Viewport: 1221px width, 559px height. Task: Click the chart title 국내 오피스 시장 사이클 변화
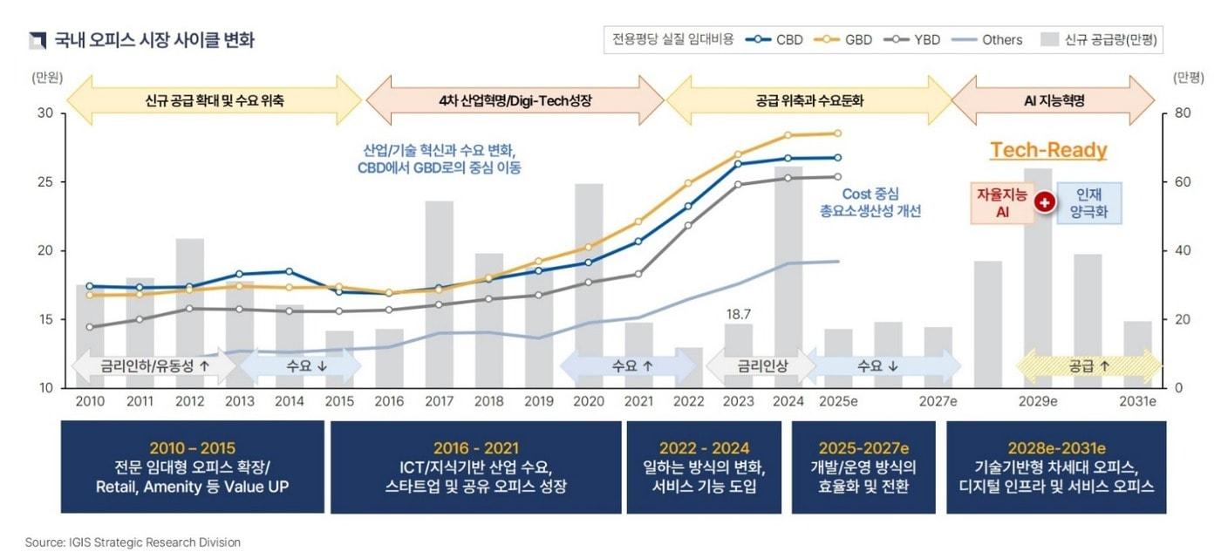tap(153, 40)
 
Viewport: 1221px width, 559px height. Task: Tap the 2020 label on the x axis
tap(589, 401)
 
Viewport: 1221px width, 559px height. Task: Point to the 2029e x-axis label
tap(1038, 401)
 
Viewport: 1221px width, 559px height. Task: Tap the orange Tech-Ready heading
tap(1048, 151)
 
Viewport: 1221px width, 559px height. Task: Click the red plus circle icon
tap(1045, 202)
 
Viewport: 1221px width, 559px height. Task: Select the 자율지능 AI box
tap(1002, 202)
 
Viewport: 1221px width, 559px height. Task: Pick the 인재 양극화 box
tap(1090, 202)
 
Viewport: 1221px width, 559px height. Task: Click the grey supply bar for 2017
tap(439, 297)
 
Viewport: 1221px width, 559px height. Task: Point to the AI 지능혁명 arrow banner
tap(1054, 100)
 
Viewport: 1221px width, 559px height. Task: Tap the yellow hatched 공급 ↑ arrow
tap(1089, 366)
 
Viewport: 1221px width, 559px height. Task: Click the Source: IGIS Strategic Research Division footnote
tap(133, 542)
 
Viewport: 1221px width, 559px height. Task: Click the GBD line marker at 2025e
tap(838, 133)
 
